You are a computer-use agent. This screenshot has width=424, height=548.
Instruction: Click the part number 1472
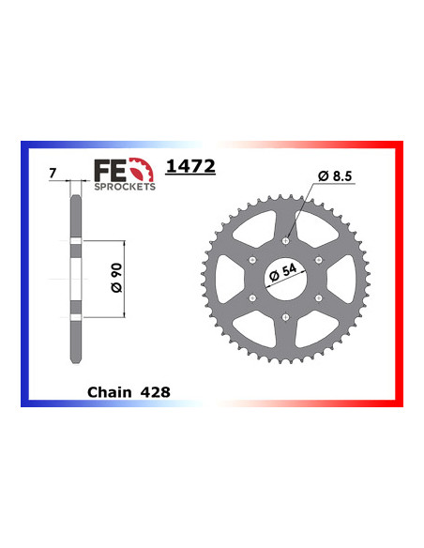coord(190,166)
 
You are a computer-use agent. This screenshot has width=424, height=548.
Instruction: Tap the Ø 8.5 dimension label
coord(335,176)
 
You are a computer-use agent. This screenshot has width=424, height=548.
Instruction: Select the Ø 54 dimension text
coord(283,273)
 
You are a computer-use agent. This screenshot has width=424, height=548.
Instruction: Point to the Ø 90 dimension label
coord(116,278)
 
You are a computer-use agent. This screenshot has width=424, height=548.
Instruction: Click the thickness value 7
coord(53,173)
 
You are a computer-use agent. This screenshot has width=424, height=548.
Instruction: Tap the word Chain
coord(110,392)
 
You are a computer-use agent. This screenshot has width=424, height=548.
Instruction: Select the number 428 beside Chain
coord(156,392)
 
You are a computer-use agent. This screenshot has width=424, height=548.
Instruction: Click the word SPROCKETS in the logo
coord(125,187)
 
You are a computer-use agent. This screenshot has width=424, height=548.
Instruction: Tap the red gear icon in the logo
coord(141,170)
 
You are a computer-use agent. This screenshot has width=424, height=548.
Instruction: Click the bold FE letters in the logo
coord(110,170)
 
